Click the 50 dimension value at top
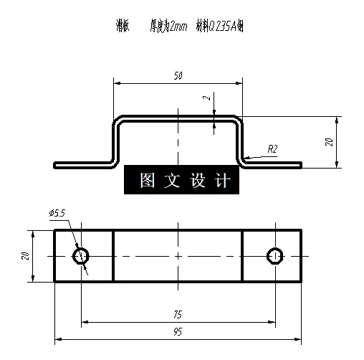[177, 75]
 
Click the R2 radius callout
[272, 149]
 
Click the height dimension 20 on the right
[329, 142]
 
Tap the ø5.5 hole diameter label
[57, 213]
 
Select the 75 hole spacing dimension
[177, 313]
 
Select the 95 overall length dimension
[177, 332]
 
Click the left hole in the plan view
[81, 255]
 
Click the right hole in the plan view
[274, 255]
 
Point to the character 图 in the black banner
[148, 180]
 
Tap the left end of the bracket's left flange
[56, 164]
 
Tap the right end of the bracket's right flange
[300, 164]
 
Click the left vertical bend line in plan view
[114, 256]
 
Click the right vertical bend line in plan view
[242, 256]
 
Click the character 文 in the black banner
[173, 180]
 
